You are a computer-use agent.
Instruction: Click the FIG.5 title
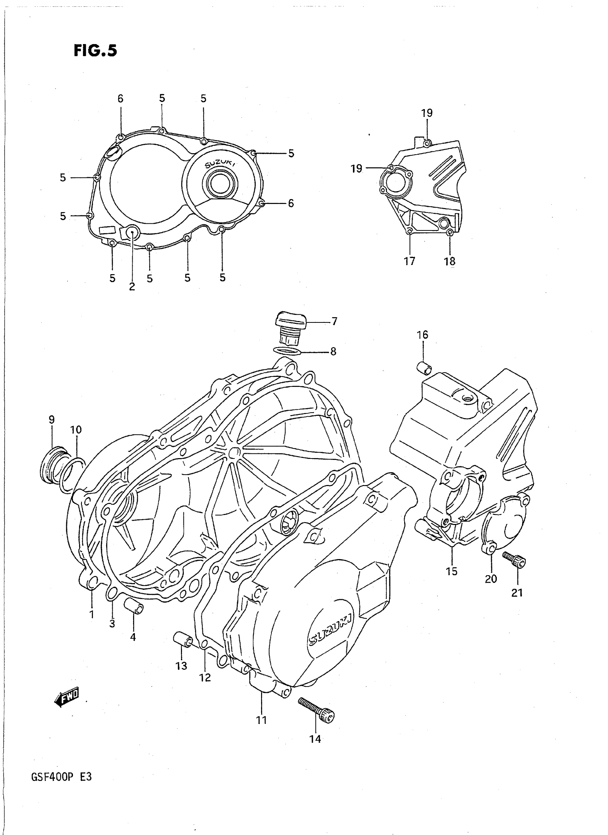point(95,50)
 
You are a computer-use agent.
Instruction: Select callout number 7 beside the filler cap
point(334,321)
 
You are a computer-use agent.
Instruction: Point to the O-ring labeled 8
point(288,351)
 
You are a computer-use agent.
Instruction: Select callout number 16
point(422,335)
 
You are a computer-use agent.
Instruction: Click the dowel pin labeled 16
point(423,367)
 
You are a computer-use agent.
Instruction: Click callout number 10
point(76,430)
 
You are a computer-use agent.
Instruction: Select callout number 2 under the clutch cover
point(132,287)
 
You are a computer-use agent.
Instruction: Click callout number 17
point(409,261)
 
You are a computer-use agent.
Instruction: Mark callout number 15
point(452,571)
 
